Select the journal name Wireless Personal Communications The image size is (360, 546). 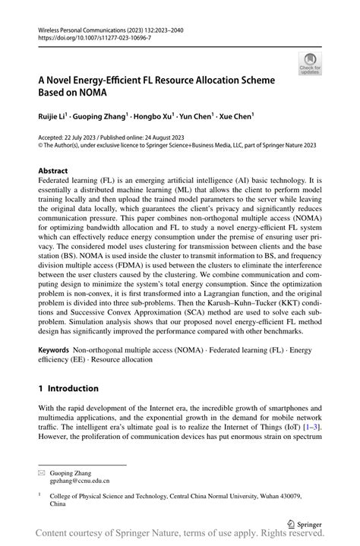[x=84, y=28]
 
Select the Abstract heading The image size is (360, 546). [x=54, y=172]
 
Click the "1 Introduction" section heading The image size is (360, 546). [x=68, y=388]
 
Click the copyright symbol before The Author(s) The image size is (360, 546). [x=40, y=144]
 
